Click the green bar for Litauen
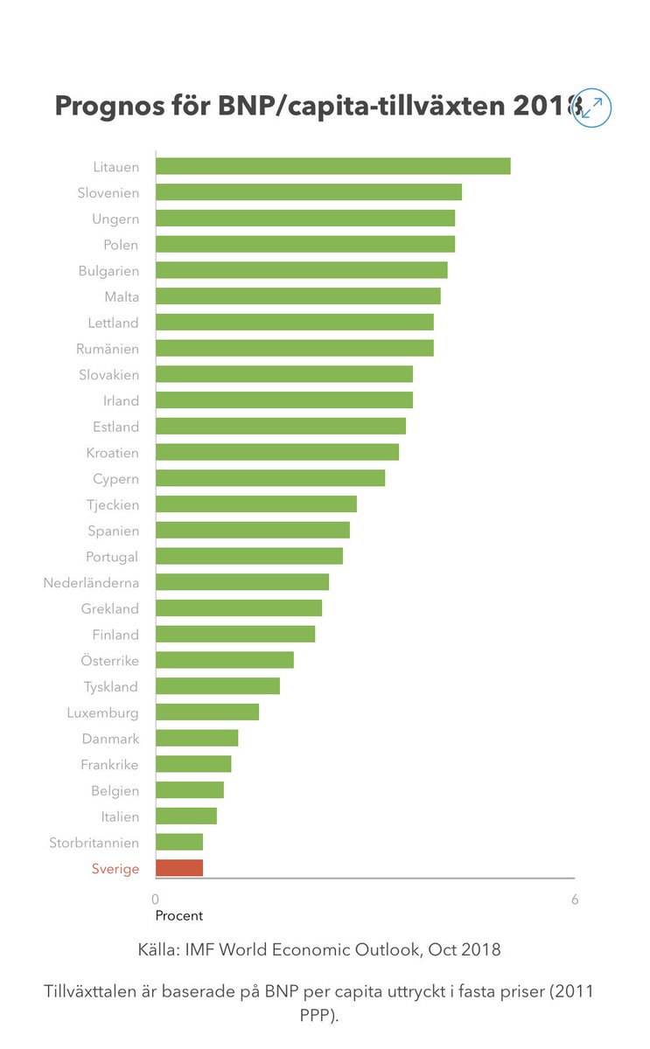coord(332,166)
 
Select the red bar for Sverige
coord(179,868)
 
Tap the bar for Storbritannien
coord(179,842)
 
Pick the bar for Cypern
coord(269,478)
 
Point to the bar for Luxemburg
coord(206,712)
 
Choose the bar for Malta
coord(297,296)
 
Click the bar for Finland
coord(234,634)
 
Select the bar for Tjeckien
coord(255,504)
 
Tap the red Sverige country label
coord(115,869)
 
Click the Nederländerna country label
coord(91,582)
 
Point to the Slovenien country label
coord(108,192)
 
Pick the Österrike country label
coord(109,660)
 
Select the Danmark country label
coord(110,739)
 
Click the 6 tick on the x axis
coord(575,900)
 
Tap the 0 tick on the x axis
coord(156,900)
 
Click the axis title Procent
coord(178,916)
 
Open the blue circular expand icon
coord(592,108)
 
